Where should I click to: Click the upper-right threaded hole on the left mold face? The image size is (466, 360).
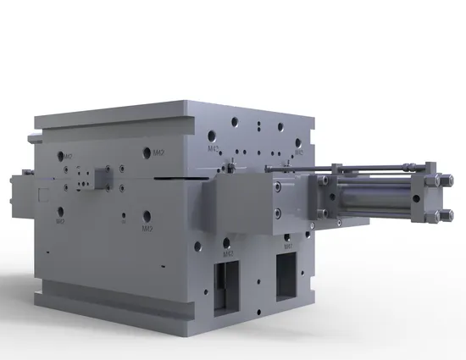pos(147,151)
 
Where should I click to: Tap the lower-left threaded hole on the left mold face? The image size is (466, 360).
pos(59,211)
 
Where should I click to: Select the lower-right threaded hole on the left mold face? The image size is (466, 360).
pos(147,217)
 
